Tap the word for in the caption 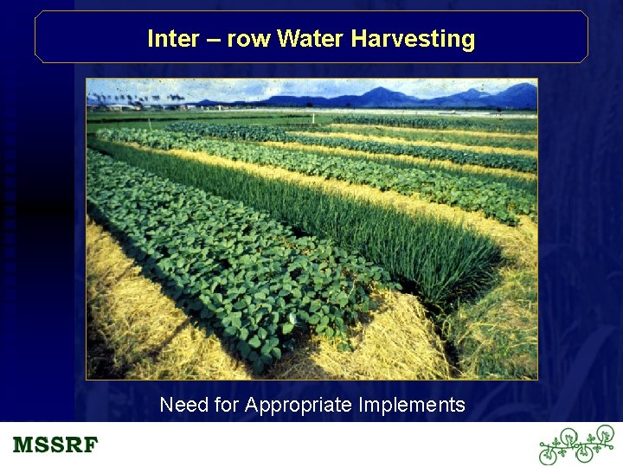click(226, 405)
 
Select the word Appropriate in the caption click(299, 406)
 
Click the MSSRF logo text click(55, 446)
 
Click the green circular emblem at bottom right click(575, 445)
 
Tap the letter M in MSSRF click(23, 446)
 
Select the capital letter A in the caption click(252, 405)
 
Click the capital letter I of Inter click(151, 39)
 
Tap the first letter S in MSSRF click(42, 446)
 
